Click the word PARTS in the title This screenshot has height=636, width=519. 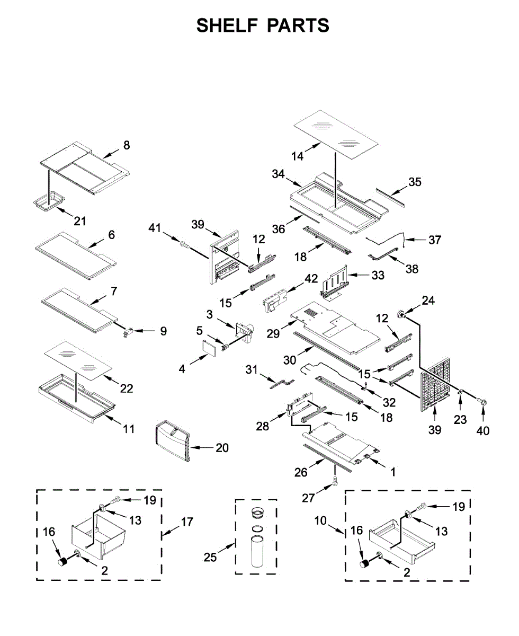click(x=298, y=25)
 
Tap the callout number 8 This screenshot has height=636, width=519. click(x=127, y=145)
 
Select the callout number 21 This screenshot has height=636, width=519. click(x=80, y=221)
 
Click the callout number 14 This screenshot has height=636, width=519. click(x=297, y=156)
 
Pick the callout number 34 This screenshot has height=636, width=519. click(x=278, y=174)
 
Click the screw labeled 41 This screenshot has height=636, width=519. click(x=184, y=244)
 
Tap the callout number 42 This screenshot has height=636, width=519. click(x=311, y=279)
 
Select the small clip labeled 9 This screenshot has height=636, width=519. click(x=128, y=332)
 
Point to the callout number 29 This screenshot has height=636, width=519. click(x=273, y=334)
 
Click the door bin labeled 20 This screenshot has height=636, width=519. click(x=173, y=442)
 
